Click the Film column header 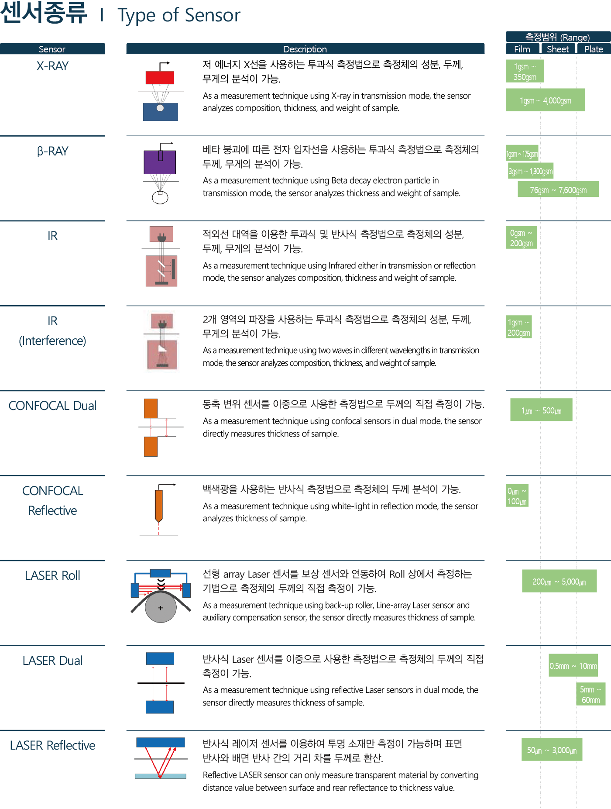tap(522, 49)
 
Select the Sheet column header tap(558, 49)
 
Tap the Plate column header tap(594, 49)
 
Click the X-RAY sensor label tap(52, 66)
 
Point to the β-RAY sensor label tap(52, 151)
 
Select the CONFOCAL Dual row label tap(52, 406)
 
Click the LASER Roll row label tap(52, 575)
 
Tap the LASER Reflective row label tap(52, 745)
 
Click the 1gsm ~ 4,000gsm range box tap(545, 100)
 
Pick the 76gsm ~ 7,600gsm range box tap(558, 189)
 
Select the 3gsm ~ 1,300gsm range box tap(531, 171)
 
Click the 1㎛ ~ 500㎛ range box tap(541, 410)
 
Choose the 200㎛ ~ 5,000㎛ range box tap(559, 581)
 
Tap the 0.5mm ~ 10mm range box tap(573, 665)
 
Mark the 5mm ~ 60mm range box tap(590, 694)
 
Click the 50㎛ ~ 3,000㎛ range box tap(552, 750)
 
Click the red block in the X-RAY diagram tap(160, 78)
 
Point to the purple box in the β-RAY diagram tap(160, 162)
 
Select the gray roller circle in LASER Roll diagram tap(161, 607)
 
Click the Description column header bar tap(305, 49)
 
